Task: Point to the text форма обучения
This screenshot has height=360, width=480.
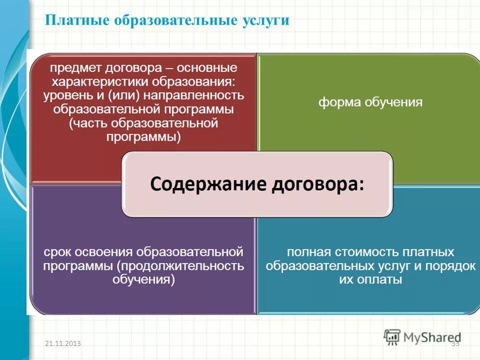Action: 370,102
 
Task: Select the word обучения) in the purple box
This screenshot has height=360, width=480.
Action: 143,279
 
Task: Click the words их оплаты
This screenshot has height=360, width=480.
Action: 370,279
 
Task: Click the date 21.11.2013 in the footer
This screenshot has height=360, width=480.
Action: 62,343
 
